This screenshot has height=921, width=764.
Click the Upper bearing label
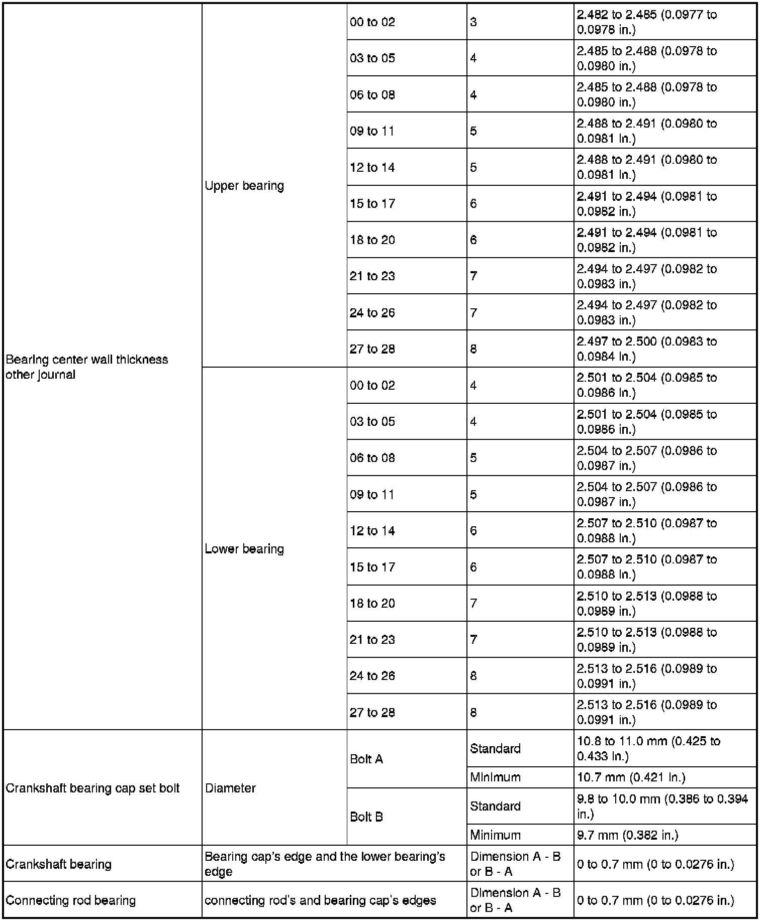tap(244, 186)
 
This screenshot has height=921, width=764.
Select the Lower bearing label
tap(244, 549)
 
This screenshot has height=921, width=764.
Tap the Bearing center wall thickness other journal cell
tap(86, 367)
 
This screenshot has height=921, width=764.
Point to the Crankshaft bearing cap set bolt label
tap(92, 788)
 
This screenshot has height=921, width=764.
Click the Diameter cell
tap(230, 788)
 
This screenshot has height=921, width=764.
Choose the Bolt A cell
tap(366, 759)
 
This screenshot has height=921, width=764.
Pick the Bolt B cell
tap(366, 817)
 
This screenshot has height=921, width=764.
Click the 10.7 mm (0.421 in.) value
tap(631, 777)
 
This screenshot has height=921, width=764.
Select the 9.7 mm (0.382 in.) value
tap(627, 835)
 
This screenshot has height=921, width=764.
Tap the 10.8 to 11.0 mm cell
tap(648, 748)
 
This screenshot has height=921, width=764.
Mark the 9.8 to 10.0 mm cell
tap(662, 806)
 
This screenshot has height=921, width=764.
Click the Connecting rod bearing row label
tap(70, 900)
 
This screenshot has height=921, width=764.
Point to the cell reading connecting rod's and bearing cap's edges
tap(320, 900)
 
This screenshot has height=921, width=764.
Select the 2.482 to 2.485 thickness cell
tap(647, 22)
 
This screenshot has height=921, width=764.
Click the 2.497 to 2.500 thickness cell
tap(647, 349)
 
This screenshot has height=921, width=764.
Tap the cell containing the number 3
tap(473, 22)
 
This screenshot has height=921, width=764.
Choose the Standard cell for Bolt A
tap(495, 749)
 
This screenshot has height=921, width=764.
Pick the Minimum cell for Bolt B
tap(495, 835)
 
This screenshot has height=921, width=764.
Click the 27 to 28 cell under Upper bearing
tap(372, 349)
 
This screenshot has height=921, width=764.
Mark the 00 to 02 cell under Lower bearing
tap(372, 385)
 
